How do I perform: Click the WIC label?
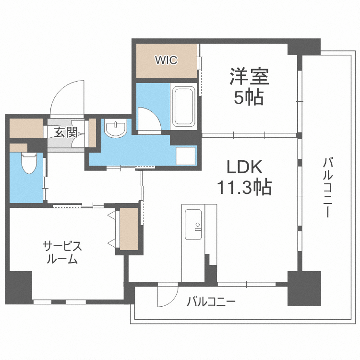(x=166, y=60)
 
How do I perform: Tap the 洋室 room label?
(x=249, y=76)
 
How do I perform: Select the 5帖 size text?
(x=249, y=97)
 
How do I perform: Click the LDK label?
(x=244, y=167)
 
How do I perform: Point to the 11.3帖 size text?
(x=244, y=187)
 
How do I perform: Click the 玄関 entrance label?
(x=66, y=132)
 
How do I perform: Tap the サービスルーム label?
(x=62, y=252)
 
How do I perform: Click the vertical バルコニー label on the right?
(x=328, y=187)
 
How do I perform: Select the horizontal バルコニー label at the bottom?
(x=211, y=301)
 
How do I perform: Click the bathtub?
(x=183, y=106)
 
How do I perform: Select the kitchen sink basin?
(x=193, y=224)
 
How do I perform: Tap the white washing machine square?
(x=185, y=156)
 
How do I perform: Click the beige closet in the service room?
(x=129, y=229)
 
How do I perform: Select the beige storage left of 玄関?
(x=26, y=128)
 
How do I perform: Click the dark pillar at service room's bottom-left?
(x=19, y=288)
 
